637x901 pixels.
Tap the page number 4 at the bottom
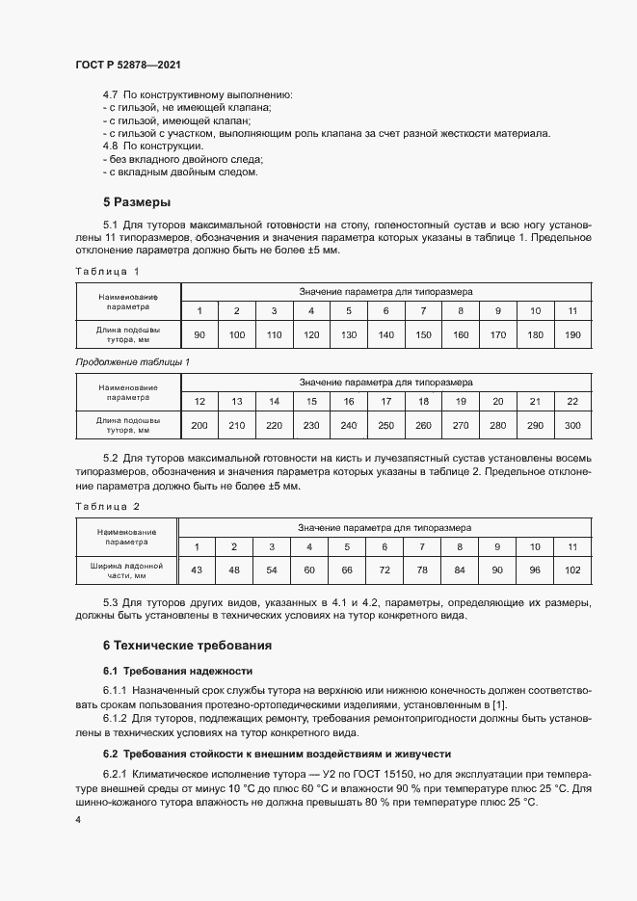78,819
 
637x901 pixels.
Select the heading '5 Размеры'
137,202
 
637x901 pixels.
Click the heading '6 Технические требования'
187,645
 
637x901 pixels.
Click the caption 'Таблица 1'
107,271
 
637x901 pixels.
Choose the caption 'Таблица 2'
107,506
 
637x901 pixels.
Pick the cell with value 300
572,425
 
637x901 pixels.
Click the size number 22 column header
572,401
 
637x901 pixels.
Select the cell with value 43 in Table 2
197,571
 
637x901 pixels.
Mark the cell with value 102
571,571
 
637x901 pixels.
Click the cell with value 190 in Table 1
572,334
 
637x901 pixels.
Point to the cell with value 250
386,425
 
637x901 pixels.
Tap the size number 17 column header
386,401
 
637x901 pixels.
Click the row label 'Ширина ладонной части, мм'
126,570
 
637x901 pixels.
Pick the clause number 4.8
111,145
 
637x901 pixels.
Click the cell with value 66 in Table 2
347,571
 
